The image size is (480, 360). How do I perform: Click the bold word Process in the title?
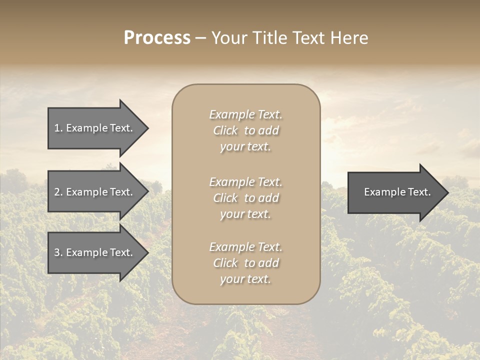pos(157,38)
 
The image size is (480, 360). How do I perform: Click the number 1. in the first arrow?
pos(58,128)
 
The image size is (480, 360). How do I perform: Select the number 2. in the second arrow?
pos(58,192)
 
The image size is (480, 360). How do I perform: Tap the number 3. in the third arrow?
pos(58,252)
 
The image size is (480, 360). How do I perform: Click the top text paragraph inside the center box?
pos(245,130)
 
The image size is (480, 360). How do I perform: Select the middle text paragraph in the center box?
pos(245,198)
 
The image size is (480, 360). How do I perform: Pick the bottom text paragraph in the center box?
pos(245,263)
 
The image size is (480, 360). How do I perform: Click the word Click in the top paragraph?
pos(225,130)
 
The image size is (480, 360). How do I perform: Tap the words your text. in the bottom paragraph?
pos(245,279)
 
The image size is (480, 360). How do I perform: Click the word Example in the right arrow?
pos(382,192)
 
